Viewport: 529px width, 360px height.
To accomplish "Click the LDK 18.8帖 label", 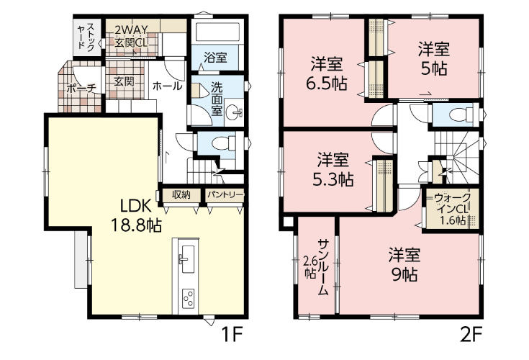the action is click(136, 215).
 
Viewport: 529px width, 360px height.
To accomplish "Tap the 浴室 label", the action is click(215, 58).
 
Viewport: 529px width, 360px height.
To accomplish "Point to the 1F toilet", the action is click(224, 143).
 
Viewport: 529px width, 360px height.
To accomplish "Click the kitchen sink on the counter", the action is click(186, 258).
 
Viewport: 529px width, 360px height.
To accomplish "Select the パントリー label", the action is click(225, 195).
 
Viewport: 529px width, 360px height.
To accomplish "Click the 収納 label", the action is click(181, 194).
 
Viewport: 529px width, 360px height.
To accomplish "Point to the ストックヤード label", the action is click(86, 37).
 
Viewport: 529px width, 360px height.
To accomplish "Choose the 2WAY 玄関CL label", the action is click(131, 36).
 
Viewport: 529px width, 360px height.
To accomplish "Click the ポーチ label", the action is click(81, 89).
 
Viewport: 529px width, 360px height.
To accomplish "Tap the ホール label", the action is click(167, 86).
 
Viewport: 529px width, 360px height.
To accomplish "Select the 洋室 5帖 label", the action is click(434, 59).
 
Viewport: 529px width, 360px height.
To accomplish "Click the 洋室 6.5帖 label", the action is click(327, 73).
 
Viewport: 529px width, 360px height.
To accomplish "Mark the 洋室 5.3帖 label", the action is click(333, 170).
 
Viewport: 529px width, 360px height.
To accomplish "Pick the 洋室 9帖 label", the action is click(404, 265).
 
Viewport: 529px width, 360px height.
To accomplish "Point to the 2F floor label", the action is click(471, 334).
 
